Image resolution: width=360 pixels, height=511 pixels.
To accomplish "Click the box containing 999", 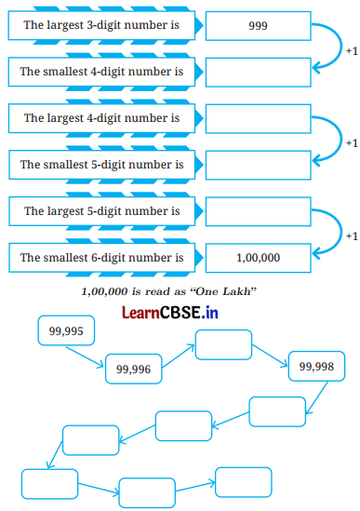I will coord(258,26).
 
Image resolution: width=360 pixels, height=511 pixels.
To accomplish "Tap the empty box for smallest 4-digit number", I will coord(258,72).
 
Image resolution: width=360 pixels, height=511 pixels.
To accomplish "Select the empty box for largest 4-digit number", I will coord(258,118).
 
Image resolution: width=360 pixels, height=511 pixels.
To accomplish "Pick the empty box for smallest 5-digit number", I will coord(258,165).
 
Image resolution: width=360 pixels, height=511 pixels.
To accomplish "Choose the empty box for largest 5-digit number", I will coord(258,211).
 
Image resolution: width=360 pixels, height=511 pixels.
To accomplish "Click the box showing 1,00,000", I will coord(258,257).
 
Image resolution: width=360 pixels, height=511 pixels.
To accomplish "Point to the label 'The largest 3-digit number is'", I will coord(101,26).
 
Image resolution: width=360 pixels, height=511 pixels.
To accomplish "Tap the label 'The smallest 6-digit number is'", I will coord(101,257).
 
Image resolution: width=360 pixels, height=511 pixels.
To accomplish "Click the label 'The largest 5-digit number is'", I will coord(101,211).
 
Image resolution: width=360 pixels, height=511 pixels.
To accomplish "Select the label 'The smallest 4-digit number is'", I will coord(101,72).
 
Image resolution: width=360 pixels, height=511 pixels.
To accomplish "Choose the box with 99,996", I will coord(133,370).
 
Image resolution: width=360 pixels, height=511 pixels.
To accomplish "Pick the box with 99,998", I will coord(316,367).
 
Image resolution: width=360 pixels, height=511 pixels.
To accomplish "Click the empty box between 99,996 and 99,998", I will coord(223,344).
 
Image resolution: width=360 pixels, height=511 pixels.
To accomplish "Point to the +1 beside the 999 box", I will coord(351,49).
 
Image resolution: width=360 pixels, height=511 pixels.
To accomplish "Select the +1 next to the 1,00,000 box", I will coord(351,235).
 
